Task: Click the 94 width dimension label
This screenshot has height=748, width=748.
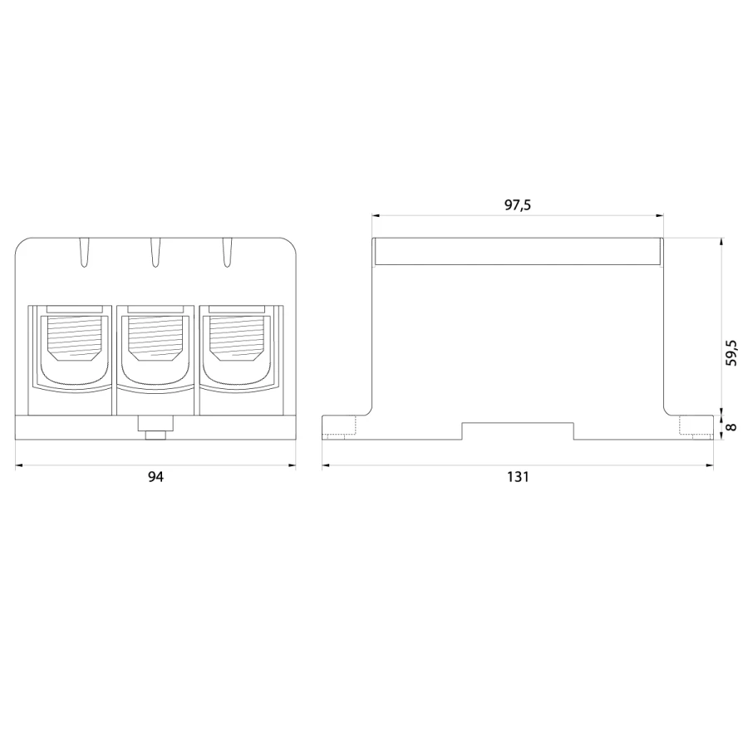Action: click(155, 476)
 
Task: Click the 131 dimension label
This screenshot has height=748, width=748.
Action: click(518, 476)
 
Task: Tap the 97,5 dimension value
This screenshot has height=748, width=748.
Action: click(518, 204)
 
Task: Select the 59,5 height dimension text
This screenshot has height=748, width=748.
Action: click(731, 353)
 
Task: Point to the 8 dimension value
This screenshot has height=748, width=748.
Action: click(731, 427)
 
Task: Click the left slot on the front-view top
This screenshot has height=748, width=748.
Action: click(84, 252)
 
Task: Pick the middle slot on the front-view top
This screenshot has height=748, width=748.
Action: click(155, 252)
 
